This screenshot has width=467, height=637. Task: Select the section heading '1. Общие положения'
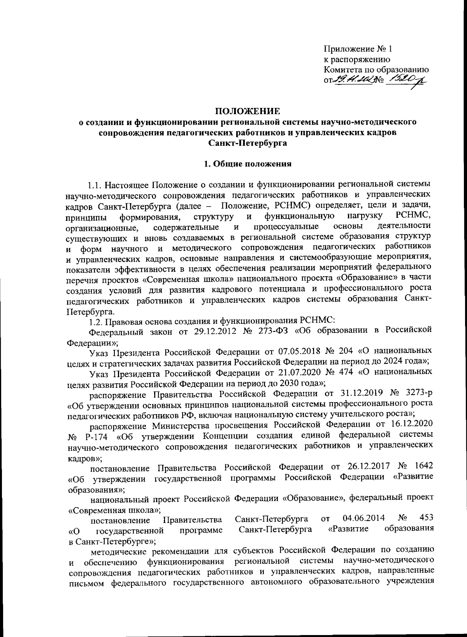[x=248, y=164]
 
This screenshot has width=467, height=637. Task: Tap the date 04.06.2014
[x=363, y=518]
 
